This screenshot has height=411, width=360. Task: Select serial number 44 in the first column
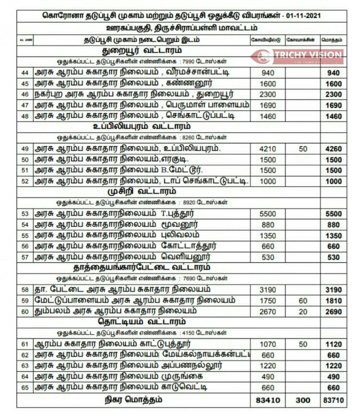tap(25, 73)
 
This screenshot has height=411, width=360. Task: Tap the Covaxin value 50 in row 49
tap(302, 149)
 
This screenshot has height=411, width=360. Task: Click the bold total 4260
tap(333, 149)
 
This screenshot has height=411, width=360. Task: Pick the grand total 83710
tap(333, 399)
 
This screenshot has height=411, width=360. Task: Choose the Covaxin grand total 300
tap(302, 399)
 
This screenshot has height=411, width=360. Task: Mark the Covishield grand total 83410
tap(266, 399)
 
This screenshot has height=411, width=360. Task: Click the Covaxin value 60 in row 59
tap(302, 301)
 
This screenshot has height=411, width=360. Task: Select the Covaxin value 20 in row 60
tap(302, 312)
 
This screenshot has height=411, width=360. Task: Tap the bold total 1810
tap(333, 301)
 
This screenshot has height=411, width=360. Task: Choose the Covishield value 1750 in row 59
tap(266, 301)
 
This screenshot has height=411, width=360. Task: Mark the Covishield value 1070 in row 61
tap(266, 344)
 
